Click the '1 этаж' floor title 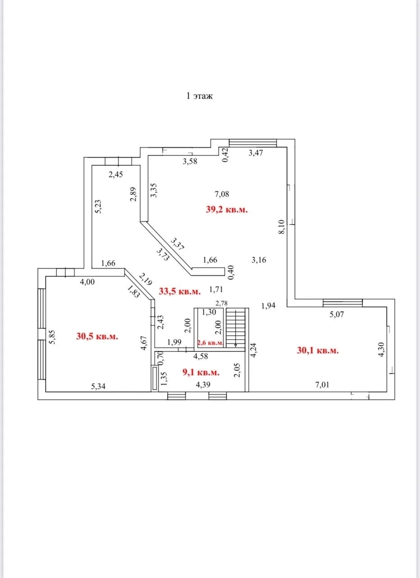(x=199, y=96)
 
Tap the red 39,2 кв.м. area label (x=226, y=209)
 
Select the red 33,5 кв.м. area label (x=180, y=291)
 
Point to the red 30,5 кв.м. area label (x=97, y=336)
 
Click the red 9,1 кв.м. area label (x=201, y=372)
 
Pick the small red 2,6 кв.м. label (x=210, y=343)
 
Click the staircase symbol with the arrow (x=235, y=328)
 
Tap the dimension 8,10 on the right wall (x=282, y=227)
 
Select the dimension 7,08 (x=222, y=194)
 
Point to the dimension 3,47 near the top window (x=256, y=153)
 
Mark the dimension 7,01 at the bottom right (x=322, y=385)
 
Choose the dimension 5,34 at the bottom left (x=98, y=386)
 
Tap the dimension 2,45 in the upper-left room (x=116, y=175)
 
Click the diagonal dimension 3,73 (x=163, y=254)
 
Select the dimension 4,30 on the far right (x=381, y=350)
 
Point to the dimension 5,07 (x=337, y=315)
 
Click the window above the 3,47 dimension (x=253, y=143)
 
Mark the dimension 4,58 (x=201, y=356)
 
